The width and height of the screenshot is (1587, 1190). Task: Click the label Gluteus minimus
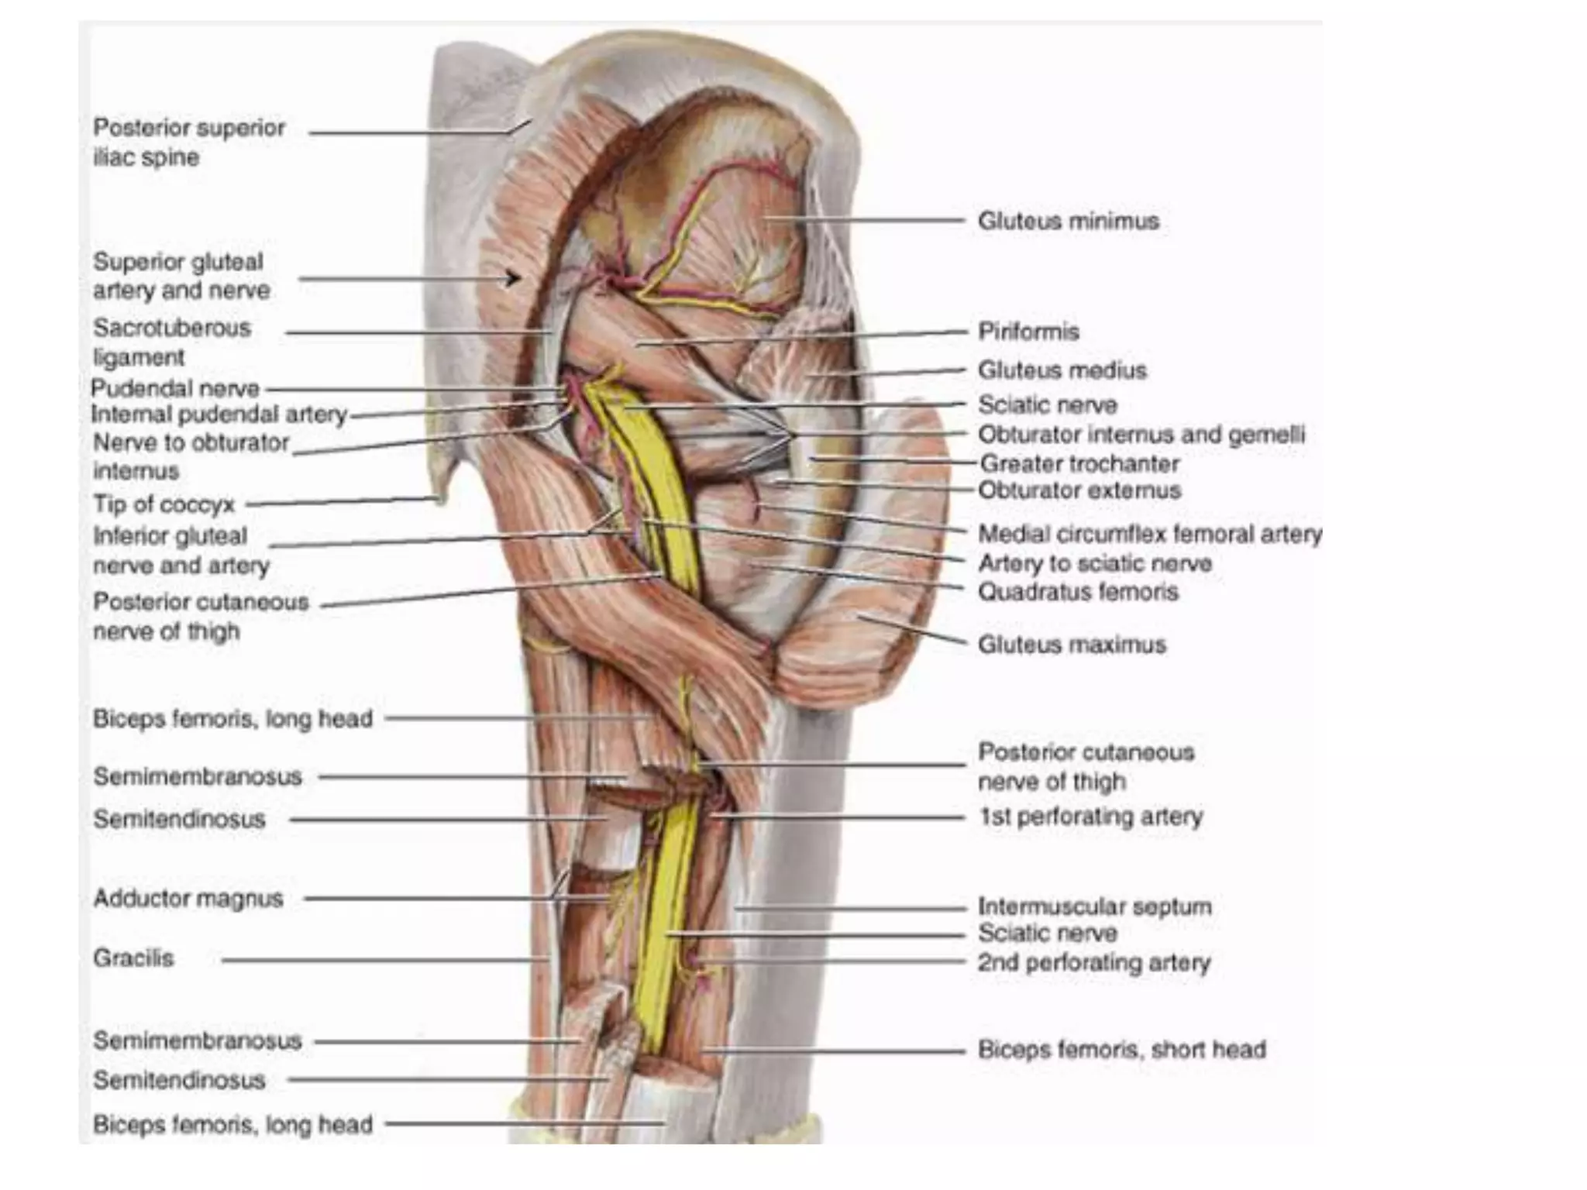[x=1068, y=221]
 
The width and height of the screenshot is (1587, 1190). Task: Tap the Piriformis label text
[x=1028, y=332]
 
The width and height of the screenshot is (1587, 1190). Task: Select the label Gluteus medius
[x=1062, y=370]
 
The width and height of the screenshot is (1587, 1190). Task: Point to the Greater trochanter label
[x=1079, y=464]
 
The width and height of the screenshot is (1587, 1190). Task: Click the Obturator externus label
[x=1079, y=490]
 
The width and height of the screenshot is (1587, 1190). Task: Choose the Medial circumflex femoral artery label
[x=1150, y=534]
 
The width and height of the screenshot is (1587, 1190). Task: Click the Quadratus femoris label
[x=1078, y=592]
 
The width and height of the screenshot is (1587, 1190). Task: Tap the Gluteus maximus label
[x=1072, y=645]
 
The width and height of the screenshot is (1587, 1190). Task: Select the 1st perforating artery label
[x=1090, y=817]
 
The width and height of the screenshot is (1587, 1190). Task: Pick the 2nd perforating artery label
[x=1093, y=963]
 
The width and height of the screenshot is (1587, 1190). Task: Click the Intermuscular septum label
[x=1094, y=906]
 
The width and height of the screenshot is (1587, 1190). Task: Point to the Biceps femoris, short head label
[x=1121, y=1050]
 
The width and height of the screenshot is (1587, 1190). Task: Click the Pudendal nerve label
[x=175, y=388]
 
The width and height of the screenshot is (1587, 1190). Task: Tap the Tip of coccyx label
[x=164, y=504]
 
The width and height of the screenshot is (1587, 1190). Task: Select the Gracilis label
[x=133, y=958]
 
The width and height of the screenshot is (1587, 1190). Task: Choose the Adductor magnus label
[x=188, y=899]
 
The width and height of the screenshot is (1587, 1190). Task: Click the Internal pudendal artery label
[x=219, y=414]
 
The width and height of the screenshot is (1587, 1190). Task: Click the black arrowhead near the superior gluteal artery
[x=512, y=277]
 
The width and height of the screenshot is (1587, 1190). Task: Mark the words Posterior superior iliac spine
[x=188, y=143]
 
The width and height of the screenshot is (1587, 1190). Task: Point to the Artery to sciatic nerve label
[x=1094, y=563]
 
